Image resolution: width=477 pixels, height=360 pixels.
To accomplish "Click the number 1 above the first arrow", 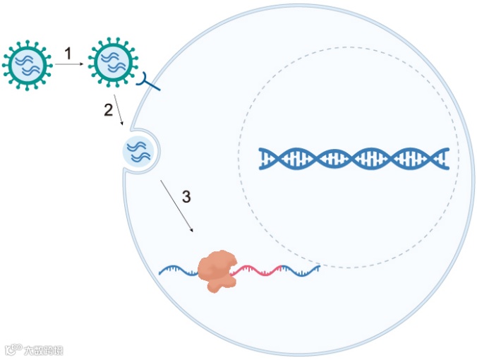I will (68, 53).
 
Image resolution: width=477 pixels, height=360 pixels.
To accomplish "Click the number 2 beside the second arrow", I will (108, 109).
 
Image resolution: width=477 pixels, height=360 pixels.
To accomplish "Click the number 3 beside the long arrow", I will (186, 197).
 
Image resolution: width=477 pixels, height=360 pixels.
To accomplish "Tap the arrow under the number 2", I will (119, 113).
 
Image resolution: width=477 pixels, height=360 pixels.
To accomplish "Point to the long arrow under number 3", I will (176, 206).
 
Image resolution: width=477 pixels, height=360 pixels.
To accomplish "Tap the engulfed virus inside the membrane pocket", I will (138, 151).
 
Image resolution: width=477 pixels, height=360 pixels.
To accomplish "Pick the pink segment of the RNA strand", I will (260, 269).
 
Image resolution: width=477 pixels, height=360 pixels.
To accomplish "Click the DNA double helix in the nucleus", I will (354, 159).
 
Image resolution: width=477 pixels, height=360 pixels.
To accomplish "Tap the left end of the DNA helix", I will (262, 159).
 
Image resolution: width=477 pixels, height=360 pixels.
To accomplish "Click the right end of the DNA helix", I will (445, 159).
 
